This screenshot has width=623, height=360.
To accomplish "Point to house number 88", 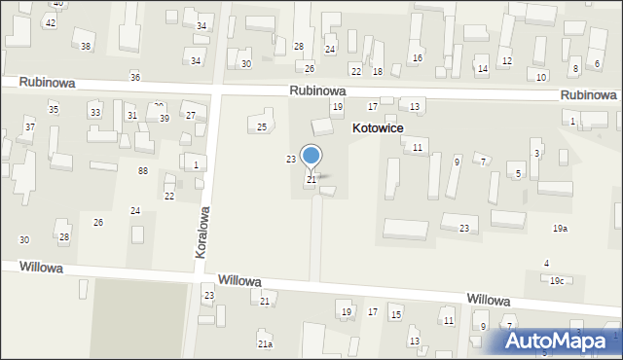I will coord(143,171).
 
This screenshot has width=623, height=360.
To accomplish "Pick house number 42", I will coord(51,22).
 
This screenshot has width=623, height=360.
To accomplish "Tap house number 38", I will coord(86,47).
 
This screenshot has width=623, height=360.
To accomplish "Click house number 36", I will coord(135,77).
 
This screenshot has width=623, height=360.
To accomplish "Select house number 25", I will coord(261,127).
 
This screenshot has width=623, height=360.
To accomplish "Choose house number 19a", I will coord(560,229).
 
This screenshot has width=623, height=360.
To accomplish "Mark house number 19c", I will coord(556,281).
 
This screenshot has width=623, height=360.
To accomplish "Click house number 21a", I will coord(264,344).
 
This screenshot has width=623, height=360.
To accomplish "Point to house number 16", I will coord(417,58).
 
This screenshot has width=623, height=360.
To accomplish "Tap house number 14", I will coord(482,69).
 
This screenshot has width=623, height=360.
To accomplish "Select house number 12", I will coord(506,61).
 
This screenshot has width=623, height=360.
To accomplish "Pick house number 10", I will coord(541,77).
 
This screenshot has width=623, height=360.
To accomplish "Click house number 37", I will coord(30,127).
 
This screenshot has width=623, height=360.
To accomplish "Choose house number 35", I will coord(54,109).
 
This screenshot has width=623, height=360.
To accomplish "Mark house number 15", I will coord(396,314).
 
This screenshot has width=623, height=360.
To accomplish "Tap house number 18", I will coord(378,72).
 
